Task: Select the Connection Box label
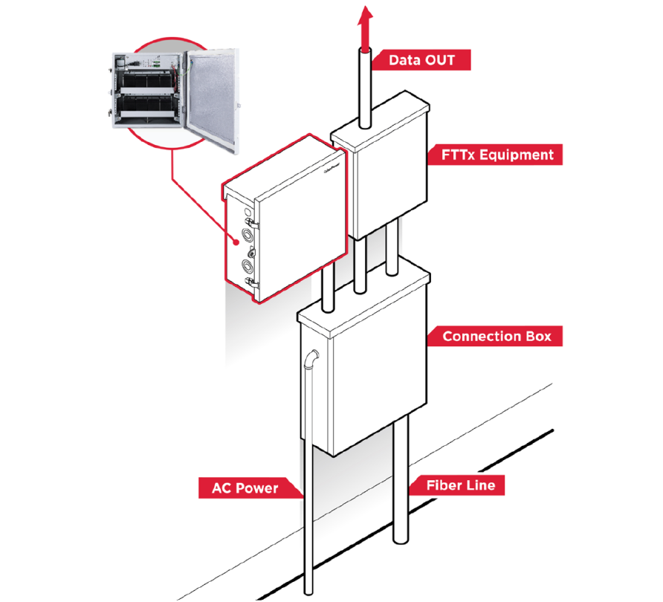click(x=497, y=336)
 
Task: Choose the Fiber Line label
click(x=455, y=486)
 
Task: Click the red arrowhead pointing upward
click(x=364, y=16)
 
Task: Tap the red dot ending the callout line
click(x=236, y=240)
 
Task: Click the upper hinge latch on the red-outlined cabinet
click(x=253, y=222)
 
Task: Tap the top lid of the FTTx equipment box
click(x=379, y=119)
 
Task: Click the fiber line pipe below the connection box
click(x=401, y=483)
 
